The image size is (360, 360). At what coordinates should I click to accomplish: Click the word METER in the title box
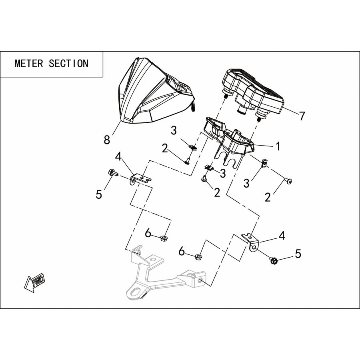pos(29,63)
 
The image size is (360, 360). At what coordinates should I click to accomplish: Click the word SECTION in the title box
pos(68,63)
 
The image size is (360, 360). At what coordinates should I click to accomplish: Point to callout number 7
pos(302,116)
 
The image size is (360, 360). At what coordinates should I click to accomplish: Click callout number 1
pos(278,146)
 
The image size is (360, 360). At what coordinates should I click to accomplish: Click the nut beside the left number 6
pos(164,238)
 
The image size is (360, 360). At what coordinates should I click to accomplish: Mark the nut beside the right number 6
pos(198,256)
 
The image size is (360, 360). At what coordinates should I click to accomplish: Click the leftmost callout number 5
pos(99,194)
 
